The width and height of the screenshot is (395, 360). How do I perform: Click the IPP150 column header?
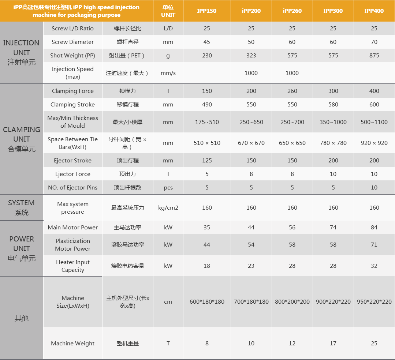click(x=206, y=11)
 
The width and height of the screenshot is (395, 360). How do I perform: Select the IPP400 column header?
click(x=374, y=11)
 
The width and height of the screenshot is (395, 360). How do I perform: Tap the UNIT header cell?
click(x=168, y=11)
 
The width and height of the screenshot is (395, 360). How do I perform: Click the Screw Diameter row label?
click(x=72, y=42)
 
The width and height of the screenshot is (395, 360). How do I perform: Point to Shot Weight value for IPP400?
click(x=374, y=56)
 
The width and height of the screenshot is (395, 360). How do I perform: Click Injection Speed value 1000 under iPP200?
click(x=251, y=73)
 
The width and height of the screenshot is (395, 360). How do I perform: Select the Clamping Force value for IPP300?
click(x=333, y=91)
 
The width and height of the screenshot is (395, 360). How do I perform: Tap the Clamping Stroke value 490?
click(x=207, y=105)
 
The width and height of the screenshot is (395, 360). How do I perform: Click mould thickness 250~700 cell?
click(x=292, y=122)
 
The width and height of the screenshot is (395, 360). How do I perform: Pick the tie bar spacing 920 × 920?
click(x=374, y=143)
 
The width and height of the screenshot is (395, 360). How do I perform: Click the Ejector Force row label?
click(x=72, y=174)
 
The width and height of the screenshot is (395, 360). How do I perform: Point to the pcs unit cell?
click(x=168, y=188)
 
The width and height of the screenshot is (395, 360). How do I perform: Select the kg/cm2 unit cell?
click(x=168, y=208)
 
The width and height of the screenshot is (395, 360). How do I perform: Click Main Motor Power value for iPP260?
click(x=292, y=228)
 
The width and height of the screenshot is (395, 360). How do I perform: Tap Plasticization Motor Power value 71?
click(x=374, y=245)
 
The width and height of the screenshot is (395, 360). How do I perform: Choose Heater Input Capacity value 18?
click(x=207, y=266)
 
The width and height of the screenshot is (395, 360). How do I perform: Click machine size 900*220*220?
click(x=333, y=302)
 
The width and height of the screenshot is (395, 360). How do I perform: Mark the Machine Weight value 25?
click(x=374, y=344)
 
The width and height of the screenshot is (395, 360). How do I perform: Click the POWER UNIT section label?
click(x=22, y=248)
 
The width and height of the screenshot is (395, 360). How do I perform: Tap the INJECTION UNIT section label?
click(x=22, y=53)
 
